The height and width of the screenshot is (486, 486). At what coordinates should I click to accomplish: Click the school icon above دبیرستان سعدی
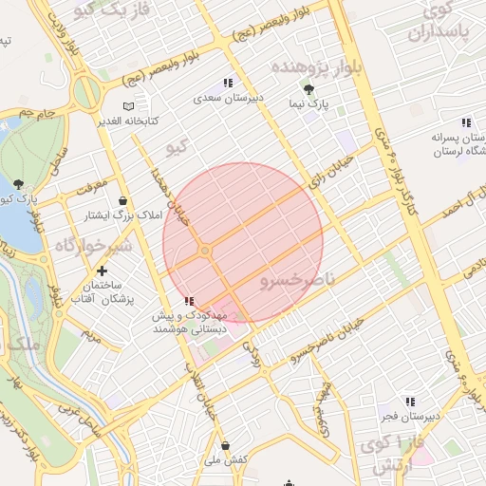pos(227,83)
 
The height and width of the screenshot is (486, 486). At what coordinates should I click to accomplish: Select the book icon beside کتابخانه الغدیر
pos(129,106)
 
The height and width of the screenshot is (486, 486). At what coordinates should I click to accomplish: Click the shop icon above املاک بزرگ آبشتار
pos(124,200)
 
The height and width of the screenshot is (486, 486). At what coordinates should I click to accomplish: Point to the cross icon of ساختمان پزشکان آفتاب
pos(103,271)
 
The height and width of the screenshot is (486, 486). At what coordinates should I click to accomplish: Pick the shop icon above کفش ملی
pos(225,444)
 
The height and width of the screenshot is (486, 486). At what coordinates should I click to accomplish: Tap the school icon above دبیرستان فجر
pos(410,402)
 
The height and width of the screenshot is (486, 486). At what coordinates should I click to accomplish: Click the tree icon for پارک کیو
pos(20,184)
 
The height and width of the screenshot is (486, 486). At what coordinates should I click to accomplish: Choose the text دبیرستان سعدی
pos(221,98)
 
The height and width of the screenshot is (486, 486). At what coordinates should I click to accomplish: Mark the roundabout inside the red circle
pos(205,251)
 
